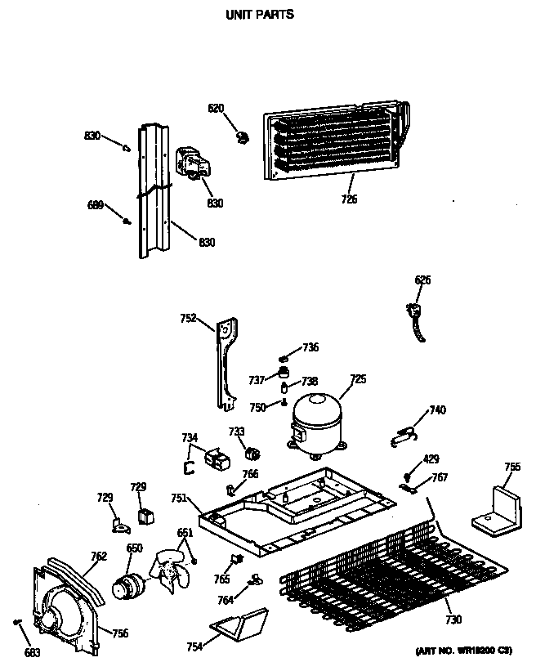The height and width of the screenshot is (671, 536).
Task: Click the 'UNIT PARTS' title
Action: (258, 15)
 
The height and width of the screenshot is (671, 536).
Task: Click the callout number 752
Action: (187, 319)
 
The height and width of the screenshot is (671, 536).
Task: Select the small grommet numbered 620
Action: (241, 136)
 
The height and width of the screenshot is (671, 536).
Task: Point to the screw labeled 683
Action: (18, 623)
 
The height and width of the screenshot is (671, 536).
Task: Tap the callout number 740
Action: (438, 410)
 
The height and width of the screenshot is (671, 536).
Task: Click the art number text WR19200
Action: (463, 651)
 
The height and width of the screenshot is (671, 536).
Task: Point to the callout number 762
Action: (98, 557)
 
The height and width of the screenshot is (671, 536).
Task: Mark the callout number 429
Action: (431, 459)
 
